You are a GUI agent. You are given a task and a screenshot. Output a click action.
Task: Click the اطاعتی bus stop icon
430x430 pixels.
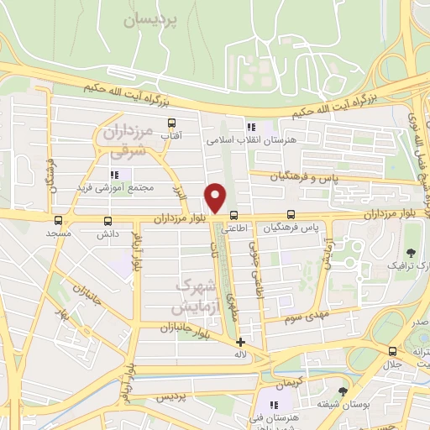pyautogui.click(x=233, y=214)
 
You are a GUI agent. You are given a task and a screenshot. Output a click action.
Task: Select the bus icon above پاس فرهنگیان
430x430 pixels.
pyautogui.click(x=291, y=214)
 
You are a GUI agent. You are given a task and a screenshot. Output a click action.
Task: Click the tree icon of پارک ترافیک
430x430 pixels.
pyautogui.click(x=411, y=253)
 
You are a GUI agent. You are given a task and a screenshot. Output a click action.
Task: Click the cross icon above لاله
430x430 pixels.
pyautogui.click(x=241, y=342)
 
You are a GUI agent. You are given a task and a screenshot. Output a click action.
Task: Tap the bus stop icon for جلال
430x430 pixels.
pyautogui.click(x=393, y=351)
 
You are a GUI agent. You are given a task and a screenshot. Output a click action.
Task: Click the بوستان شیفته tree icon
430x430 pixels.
pyautogui.click(x=343, y=391)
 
